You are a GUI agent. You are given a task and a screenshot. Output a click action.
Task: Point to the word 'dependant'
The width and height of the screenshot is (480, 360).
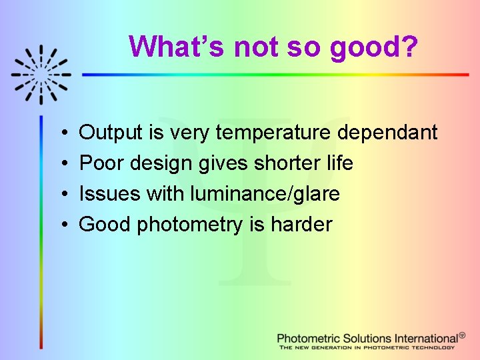click(x=387, y=133)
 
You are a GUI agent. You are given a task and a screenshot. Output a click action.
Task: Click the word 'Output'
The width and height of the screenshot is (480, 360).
click(x=111, y=133)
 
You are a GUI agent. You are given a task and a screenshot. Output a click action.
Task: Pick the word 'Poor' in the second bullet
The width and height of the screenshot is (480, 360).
click(x=101, y=163)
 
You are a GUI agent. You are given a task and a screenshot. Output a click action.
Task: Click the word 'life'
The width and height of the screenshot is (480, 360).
click(x=337, y=163)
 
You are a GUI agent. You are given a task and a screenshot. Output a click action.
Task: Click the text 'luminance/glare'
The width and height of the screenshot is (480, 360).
click(x=265, y=194)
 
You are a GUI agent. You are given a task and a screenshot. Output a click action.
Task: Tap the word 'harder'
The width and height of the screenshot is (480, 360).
click(x=301, y=225)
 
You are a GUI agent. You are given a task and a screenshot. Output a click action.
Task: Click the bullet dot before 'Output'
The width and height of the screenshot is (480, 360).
click(x=61, y=133)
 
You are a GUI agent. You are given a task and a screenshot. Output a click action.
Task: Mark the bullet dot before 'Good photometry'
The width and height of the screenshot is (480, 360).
click(x=61, y=225)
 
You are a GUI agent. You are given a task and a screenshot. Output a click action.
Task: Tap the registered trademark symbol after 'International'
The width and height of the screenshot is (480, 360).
click(x=462, y=335)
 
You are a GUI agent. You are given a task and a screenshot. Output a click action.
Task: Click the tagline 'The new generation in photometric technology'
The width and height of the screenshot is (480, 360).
click(x=367, y=347)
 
